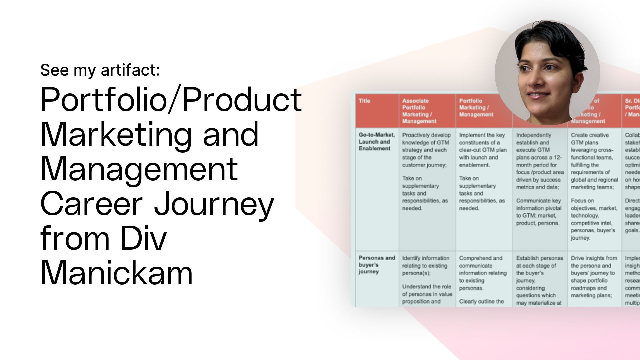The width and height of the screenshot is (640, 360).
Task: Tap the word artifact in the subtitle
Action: [x=130, y=70]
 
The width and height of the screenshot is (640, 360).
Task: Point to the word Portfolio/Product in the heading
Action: [x=171, y=99]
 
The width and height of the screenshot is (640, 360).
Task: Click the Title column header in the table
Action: [x=364, y=101]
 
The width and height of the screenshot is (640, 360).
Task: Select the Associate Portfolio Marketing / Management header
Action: [x=419, y=111]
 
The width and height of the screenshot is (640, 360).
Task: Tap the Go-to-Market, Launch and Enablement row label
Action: [x=376, y=142]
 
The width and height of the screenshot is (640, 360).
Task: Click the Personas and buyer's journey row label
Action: [x=376, y=265]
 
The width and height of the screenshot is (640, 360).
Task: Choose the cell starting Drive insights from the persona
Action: [x=594, y=277]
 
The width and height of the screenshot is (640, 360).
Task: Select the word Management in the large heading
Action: [x=139, y=169]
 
